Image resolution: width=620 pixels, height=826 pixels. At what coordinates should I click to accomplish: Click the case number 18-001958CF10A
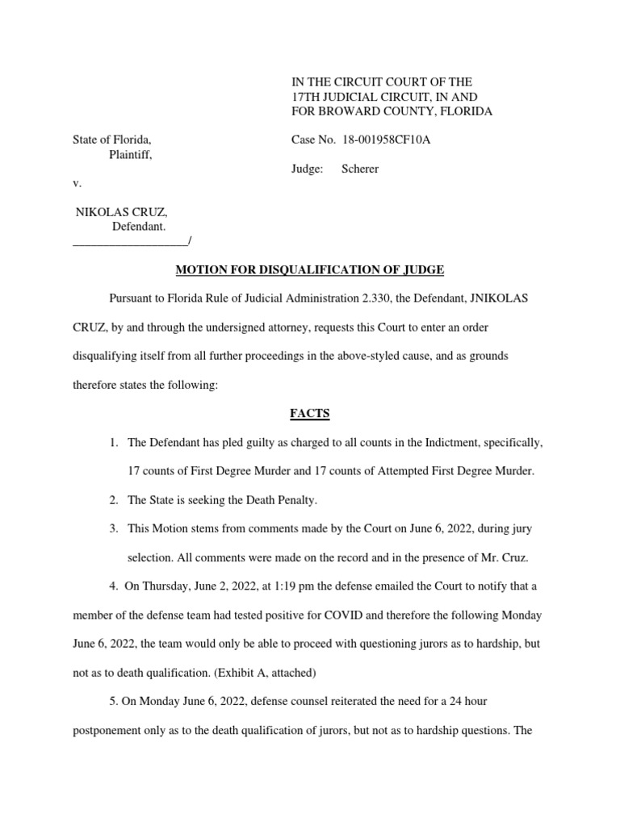tap(386, 140)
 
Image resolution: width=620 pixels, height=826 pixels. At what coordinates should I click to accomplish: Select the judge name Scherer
tap(360, 169)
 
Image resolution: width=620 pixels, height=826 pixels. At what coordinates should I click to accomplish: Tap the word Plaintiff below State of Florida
tap(130, 155)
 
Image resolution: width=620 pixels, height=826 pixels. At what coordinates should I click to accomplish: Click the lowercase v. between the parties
tap(77, 184)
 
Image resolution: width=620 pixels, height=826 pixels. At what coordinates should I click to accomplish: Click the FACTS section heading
tap(310, 414)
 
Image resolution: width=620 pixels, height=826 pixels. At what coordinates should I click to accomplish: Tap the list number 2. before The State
tap(114, 500)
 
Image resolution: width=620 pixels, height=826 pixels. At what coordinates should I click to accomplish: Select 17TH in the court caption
tap(306, 97)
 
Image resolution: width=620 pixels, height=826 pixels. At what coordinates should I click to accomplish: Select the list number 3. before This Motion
tap(114, 529)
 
